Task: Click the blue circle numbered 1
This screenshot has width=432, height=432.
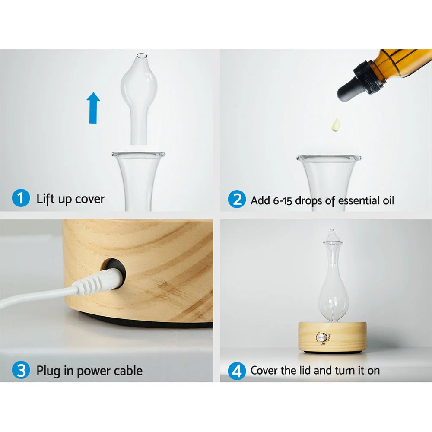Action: coord(21,199)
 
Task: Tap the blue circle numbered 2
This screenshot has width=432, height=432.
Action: coord(236,200)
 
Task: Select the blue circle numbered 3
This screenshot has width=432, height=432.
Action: coord(21,370)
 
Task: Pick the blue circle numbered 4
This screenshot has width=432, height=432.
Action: coord(236,370)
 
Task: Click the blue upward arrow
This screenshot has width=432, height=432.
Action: coord(93,108)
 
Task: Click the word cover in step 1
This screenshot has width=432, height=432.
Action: coord(90,199)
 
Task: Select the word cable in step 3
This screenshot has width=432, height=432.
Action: coord(127,371)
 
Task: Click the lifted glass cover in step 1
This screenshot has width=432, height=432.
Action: coord(139,95)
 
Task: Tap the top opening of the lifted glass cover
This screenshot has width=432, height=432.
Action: coord(141,55)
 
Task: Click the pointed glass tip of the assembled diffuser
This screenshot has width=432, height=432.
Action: coord(331,233)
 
